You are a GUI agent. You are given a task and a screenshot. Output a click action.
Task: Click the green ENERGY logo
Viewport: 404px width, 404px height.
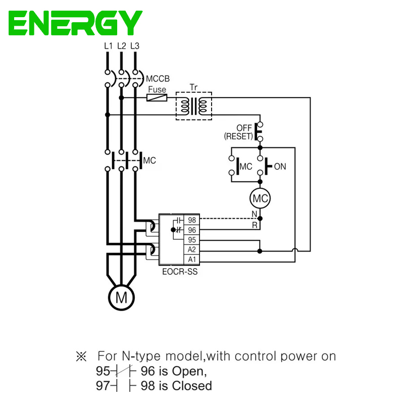click(76, 23)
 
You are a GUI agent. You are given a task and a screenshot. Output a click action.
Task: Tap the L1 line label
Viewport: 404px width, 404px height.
click(108, 46)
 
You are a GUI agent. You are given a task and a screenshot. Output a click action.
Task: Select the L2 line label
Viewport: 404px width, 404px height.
click(121, 46)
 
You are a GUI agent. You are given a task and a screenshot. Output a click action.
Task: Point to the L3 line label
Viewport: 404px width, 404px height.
click(135, 46)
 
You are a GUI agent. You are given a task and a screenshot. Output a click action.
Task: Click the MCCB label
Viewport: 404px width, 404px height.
click(158, 79)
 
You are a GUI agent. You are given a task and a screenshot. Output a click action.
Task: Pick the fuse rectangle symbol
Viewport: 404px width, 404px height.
click(157, 97)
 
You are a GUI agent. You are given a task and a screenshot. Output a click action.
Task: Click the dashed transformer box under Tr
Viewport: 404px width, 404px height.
click(194, 106)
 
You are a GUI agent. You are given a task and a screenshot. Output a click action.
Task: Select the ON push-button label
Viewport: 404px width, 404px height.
click(280, 166)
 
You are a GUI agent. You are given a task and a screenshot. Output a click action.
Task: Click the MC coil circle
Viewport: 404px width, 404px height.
click(260, 198)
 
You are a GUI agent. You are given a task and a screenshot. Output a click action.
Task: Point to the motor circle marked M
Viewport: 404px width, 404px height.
click(121, 297)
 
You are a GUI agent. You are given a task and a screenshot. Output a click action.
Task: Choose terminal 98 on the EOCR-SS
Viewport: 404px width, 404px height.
click(192, 220)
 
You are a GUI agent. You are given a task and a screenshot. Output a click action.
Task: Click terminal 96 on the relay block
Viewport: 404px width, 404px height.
click(192, 230)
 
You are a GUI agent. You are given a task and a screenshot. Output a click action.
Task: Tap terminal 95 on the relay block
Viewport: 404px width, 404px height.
click(192, 239)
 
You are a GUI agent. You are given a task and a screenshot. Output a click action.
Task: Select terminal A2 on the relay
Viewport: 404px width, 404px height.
click(192, 249)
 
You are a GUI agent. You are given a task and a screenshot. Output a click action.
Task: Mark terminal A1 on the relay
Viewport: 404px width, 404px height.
click(192, 259)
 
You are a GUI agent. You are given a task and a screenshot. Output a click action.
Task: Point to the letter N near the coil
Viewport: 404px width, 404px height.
click(255, 214)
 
